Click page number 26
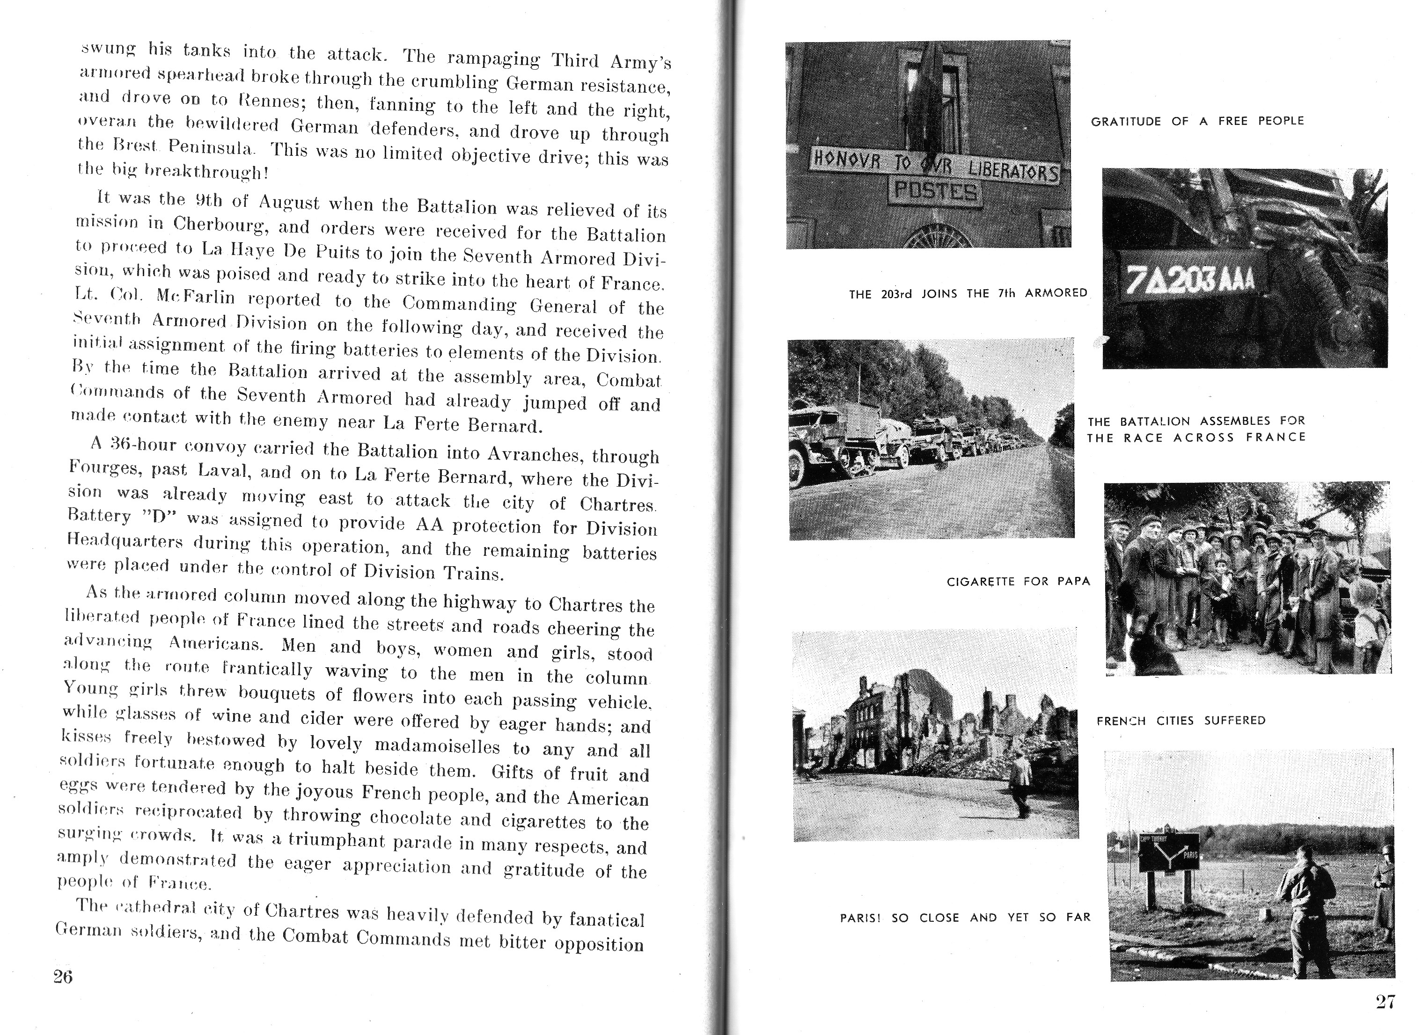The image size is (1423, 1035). (x=63, y=977)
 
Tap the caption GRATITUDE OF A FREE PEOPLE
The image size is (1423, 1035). (x=1197, y=121)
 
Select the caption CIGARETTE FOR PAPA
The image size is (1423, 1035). (x=1018, y=582)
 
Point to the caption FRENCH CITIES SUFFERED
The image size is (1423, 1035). (x=1181, y=721)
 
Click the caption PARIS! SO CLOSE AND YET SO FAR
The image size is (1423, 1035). (x=965, y=918)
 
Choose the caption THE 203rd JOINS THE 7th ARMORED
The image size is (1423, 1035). (x=968, y=293)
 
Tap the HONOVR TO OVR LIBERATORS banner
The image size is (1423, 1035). (x=935, y=164)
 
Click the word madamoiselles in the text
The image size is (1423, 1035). (x=437, y=746)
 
